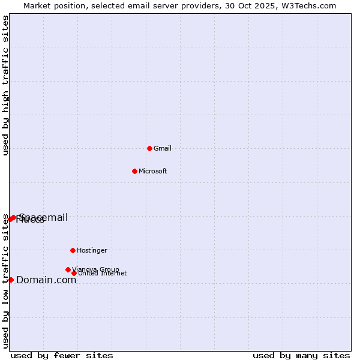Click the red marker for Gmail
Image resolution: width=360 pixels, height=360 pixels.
coord(149,148)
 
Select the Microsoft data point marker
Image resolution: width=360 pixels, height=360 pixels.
coord(134,171)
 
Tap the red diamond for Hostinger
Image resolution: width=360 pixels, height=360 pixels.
coord(73,250)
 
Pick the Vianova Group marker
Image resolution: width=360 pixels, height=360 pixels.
coord(68,269)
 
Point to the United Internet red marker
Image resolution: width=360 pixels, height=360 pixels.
coord(74,274)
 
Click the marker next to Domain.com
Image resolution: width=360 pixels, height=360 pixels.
coord(11,280)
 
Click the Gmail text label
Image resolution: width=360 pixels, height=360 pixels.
coord(163,149)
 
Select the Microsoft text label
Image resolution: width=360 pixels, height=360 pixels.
coord(153,172)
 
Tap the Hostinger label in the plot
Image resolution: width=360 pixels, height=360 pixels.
coord(92,251)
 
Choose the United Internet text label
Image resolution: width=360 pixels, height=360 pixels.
coord(103,274)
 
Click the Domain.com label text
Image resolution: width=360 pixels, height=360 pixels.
coord(46,280)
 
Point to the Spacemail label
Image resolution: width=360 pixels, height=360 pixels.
coord(44,217)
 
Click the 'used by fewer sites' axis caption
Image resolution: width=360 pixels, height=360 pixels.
coord(62,355)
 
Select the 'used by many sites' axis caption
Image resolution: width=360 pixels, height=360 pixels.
coord(301,355)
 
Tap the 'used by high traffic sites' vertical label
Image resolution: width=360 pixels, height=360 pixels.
coord(5,85)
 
